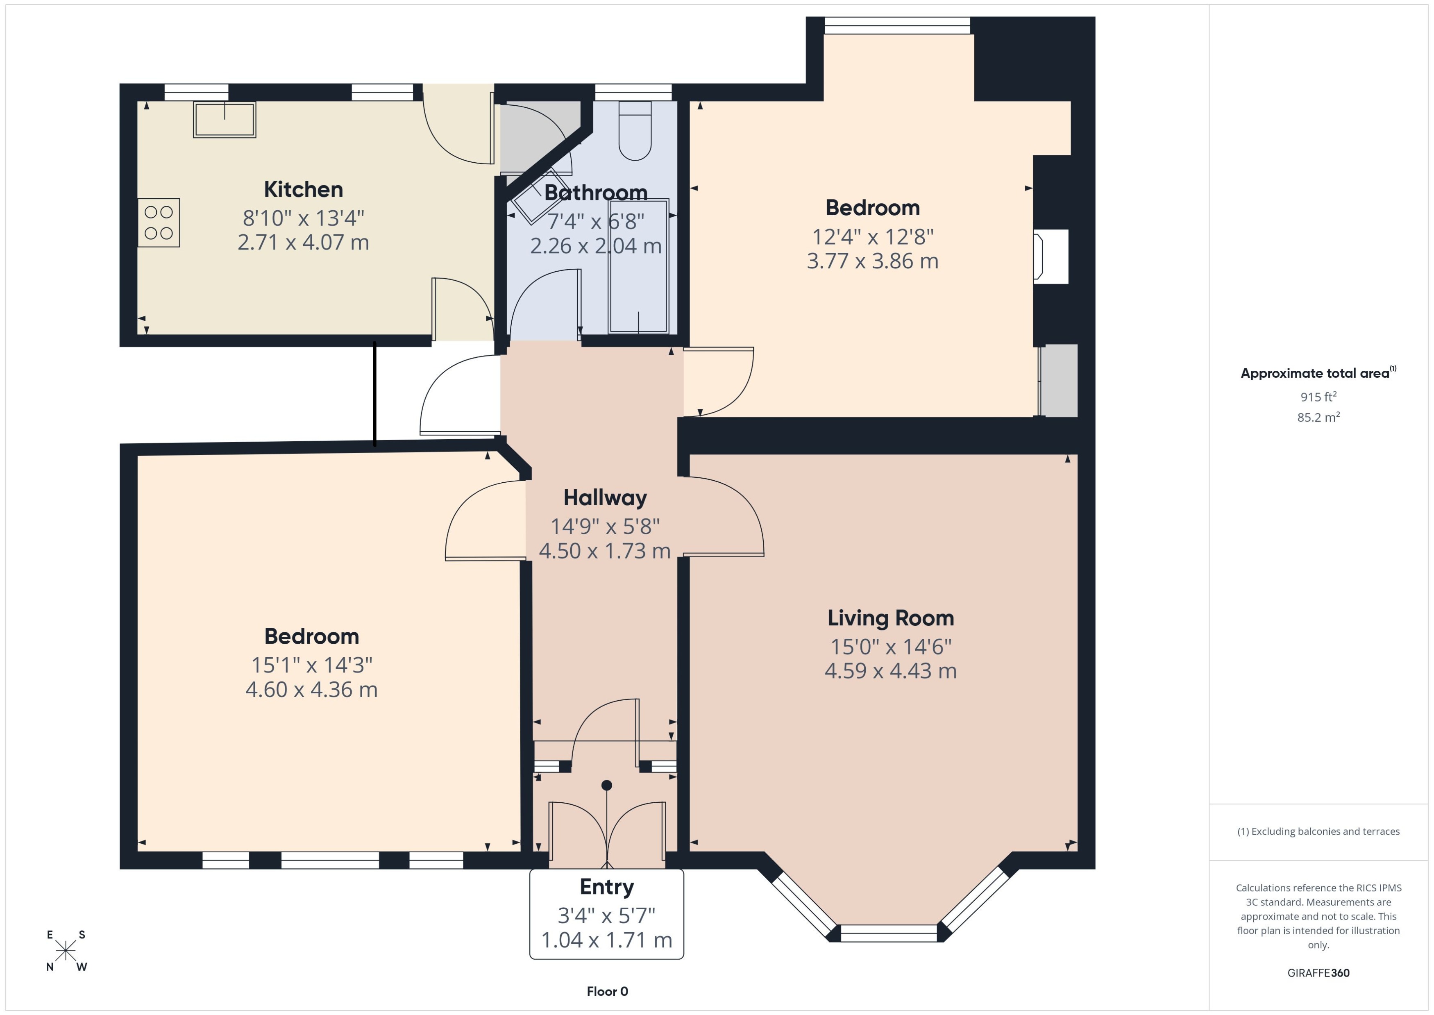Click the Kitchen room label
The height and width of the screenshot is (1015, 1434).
pos(303,189)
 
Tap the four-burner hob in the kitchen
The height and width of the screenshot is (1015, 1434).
pos(159,223)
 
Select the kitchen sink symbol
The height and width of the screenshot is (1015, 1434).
pos(224,119)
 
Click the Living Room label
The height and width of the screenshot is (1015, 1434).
pos(890,618)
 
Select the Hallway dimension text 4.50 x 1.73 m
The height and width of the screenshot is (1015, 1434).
pos(604,551)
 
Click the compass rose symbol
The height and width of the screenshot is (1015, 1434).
pos(66,951)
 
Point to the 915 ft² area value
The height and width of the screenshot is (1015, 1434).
pos(1318,397)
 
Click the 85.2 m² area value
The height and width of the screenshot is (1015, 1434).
pos(1318,417)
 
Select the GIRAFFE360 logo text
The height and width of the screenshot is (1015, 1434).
pos(1318,972)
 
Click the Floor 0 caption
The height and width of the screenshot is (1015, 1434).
pos(607,991)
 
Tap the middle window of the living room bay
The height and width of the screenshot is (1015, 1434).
pos(889,933)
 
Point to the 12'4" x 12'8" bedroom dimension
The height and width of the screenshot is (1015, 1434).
pos(872,237)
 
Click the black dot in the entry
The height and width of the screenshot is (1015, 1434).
pos(606,785)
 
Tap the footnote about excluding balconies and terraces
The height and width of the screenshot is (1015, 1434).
pos(1318,831)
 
